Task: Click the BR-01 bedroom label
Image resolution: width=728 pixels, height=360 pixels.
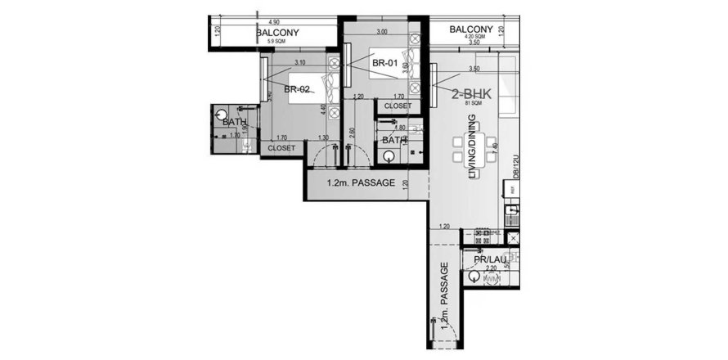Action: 384,62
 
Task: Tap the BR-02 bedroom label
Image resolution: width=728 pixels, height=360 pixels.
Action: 296,90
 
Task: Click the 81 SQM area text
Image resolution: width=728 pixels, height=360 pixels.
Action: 471,105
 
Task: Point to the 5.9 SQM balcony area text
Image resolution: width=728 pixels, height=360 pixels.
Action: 276,41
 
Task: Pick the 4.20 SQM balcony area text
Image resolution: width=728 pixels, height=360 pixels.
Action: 475,37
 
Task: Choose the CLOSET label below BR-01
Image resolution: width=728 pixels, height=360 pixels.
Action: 398,106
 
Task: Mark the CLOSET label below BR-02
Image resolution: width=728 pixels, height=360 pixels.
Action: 281,148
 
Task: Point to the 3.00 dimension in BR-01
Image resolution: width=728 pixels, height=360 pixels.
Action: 381,32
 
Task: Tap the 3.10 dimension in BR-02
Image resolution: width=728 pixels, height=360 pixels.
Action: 299,62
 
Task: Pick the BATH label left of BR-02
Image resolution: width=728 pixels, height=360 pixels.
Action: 235,122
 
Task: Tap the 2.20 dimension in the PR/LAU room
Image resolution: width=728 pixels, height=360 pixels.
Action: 492,268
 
